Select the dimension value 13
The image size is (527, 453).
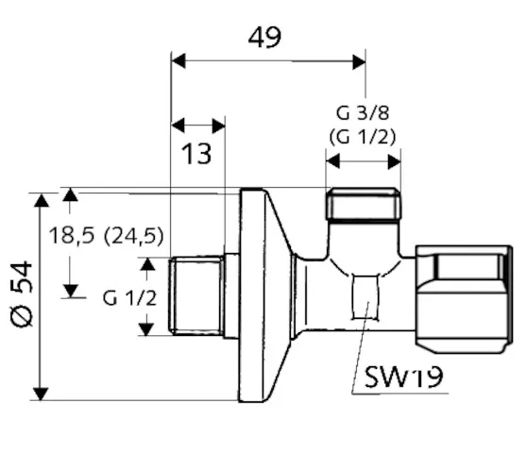[196, 154]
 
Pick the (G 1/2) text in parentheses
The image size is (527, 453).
[363, 138]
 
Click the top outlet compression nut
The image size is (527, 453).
[364, 205]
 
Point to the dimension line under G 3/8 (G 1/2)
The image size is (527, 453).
[364, 161]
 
